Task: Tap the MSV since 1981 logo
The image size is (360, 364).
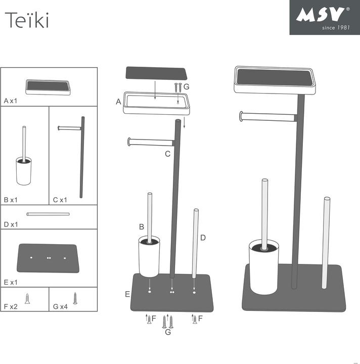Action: coord(324,17)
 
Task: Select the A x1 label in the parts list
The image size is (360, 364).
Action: coord(11,101)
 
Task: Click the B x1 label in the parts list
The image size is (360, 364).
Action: coord(11,200)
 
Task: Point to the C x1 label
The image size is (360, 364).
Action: coord(60,200)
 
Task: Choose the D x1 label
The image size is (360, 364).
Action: coord(11,224)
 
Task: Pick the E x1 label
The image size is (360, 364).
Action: coord(11,282)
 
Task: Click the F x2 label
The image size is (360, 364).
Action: coord(10,306)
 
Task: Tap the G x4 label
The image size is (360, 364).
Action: coord(60,306)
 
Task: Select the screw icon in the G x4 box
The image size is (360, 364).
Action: coord(75,298)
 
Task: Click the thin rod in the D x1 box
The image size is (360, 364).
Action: coord(48,214)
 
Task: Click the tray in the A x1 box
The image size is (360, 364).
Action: coord(49,87)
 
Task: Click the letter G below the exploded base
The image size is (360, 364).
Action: coord(168,332)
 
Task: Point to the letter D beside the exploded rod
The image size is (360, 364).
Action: coord(203,238)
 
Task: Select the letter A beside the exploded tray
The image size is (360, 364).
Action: coord(118,102)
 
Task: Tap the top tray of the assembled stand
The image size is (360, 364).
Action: coord(275,80)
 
